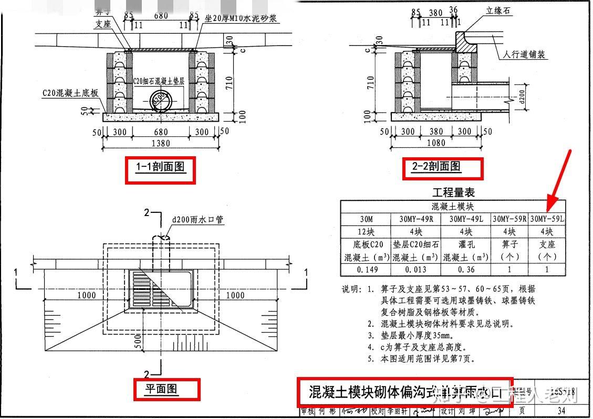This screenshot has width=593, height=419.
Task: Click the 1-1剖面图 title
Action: (x=160, y=168)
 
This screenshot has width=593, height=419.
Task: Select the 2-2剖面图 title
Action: (x=436, y=167)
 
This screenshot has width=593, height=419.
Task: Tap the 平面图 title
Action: (x=162, y=389)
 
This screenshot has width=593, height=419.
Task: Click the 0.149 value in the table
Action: (x=366, y=270)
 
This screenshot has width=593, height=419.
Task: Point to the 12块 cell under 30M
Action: (x=366, y=231)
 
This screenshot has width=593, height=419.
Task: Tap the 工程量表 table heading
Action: (x=453, y=192)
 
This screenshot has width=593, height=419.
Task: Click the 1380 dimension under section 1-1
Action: (x=161, y=143)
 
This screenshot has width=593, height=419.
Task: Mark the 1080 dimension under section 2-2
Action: (x=435, y=143)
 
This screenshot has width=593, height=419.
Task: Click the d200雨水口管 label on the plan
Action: (x=198, y=220)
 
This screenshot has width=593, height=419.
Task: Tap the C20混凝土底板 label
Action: (x=70, y=93)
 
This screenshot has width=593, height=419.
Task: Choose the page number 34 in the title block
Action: (x=561, y=411)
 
